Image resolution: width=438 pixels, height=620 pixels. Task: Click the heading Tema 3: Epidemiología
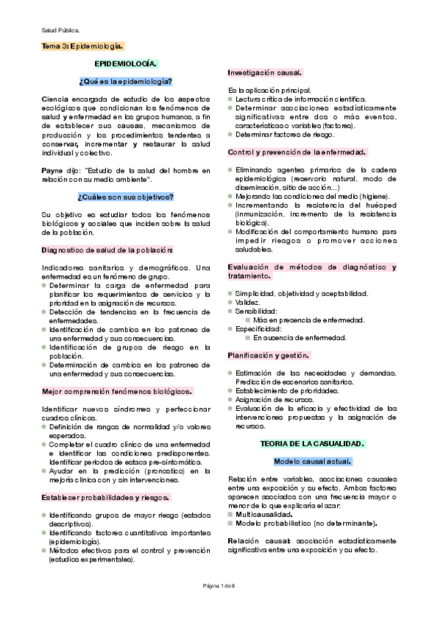tap(83, 46)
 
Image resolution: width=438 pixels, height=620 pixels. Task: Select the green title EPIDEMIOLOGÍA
tap(127, 64)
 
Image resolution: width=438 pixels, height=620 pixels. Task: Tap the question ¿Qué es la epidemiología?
tap(125, 80)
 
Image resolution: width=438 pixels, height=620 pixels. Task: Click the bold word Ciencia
tap(56, 98)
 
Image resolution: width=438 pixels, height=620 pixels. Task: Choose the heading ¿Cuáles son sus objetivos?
tap(125, 197)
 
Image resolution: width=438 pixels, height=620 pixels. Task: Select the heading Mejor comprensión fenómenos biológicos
tap(116, 391)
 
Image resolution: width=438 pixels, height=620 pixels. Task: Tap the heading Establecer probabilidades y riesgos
tap(105, 497)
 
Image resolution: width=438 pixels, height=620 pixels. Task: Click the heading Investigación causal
tap(265, 73)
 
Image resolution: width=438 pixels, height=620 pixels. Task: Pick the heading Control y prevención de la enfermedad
tap(296, 152)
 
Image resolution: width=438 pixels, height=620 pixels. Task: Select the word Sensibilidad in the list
tap(257, 311)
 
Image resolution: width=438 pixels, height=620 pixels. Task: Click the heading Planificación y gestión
tap(268, 355)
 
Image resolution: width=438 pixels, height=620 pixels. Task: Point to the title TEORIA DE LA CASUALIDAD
tap(312, 444)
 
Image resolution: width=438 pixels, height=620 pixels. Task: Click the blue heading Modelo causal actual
tap(312, 462)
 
